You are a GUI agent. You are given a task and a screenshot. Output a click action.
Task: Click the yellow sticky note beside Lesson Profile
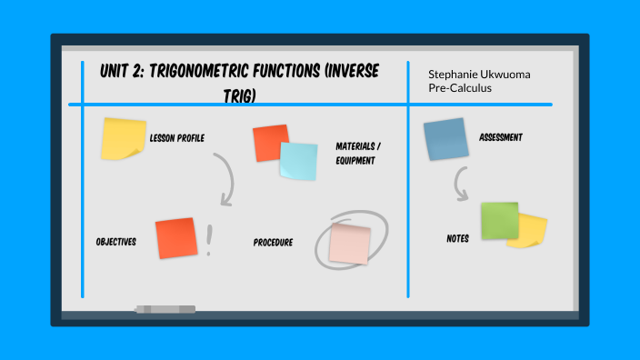pyautogui.click(x=123, y=139)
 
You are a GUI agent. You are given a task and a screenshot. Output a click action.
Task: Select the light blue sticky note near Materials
pyautogui.click(x=298, y=161)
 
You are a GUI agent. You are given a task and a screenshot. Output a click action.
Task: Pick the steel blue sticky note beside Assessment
pyautogui.click(x=445, y=140)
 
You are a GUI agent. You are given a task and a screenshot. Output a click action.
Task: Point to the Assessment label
pyautogui.click(x=500, y=138)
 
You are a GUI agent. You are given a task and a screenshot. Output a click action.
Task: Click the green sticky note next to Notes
pyautogui.click(x=499, y=220)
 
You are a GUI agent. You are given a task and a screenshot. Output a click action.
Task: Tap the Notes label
pyautogui.click(x=458, y=238)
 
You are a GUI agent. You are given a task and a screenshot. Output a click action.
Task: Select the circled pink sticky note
pyautogui.click(x=350, y=243)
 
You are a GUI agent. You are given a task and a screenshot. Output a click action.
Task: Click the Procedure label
pyautogui.click(x=273, y=243)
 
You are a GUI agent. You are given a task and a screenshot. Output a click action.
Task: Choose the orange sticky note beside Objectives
pyautogui.click(x=175, y=238)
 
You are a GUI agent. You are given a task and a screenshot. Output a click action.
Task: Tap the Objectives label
pyautogui.click(x=115, y=242)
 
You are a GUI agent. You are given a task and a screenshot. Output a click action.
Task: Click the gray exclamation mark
pyautogui.click(x=209, y=240)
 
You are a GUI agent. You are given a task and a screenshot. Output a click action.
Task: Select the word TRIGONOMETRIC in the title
pyautogui.click(x=202, y=71)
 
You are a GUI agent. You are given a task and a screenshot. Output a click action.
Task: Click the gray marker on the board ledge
pyautogui.click(x=165, y=309)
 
